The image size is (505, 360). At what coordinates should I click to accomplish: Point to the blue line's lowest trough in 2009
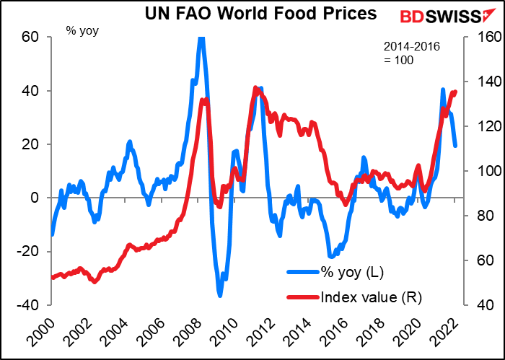[220, 294]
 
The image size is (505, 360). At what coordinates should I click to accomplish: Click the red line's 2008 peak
[204, 100]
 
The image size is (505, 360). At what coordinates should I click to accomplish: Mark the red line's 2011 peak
[256, 89]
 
